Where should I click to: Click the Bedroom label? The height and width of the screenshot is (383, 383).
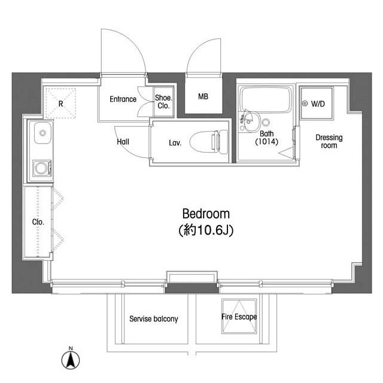pyautogui.click(x=206, y=214)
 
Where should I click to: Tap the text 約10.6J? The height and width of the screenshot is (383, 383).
pyautogui.click(x=206, y=229)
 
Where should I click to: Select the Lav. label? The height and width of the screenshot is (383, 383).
pyautogui.click(x=175, y=142)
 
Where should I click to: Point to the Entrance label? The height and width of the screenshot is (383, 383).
pyautogui.click(x=123, y=99)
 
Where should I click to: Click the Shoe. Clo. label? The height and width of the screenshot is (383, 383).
pyautogui.click(x=163, y=102)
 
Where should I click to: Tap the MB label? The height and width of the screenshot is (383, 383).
pyautogui.click(x=203, y=96)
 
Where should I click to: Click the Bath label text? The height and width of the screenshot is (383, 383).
pyautogui.click(x=267, y=134)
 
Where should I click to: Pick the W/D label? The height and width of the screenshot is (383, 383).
pyautogui.click(x=317, y=104)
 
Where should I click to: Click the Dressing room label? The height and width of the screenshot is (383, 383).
pyautogui.click(x=329, y=141)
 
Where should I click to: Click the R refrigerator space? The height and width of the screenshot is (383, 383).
pyautogui.click(x=61, y=103)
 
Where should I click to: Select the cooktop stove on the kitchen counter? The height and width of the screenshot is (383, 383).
pyautogui.click(x=40, y=168)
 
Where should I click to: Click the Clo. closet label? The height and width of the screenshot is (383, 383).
pyautogui.click(x=38, y=221)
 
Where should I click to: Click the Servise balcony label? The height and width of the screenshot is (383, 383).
pyautogui.click(x=154, y=319)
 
